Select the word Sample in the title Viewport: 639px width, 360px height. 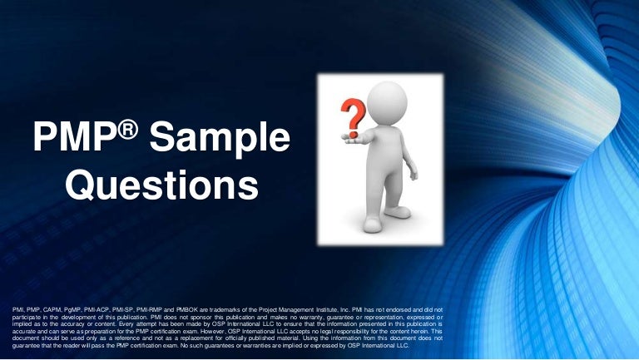218,138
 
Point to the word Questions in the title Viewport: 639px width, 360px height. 161,185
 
